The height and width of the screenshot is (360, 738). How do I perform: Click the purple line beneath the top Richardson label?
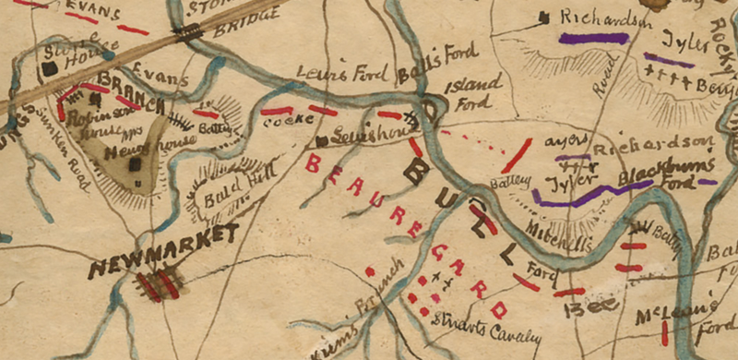coord(590,39)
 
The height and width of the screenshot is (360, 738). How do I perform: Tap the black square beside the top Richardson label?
coord(545,17)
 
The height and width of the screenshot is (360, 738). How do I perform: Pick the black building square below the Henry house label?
coord(135,164)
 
